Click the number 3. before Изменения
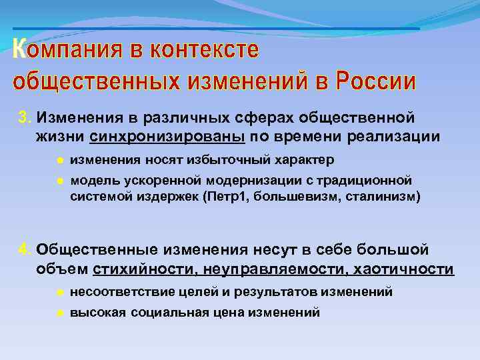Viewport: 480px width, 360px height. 25,118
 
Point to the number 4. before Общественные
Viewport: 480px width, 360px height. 25,250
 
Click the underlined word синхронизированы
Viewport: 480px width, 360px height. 167,137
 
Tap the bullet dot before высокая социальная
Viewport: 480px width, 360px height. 59,312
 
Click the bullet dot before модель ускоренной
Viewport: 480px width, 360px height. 59,181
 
